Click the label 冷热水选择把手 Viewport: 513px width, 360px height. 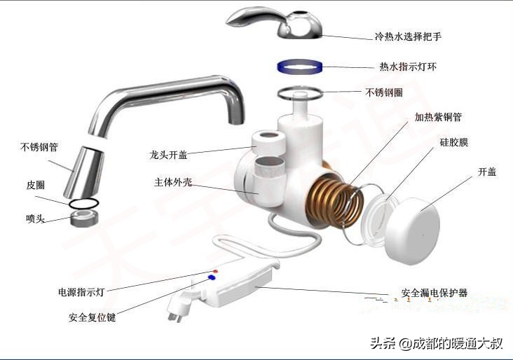tap(408, 36)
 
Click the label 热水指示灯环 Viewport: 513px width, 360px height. tap(412, 67)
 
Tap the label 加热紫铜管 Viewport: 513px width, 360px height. tap(438, 117)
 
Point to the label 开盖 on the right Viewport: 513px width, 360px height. tap(487, 172)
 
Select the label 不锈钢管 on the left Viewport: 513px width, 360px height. tap(39, 147)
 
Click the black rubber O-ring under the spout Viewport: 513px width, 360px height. tap(83, 203)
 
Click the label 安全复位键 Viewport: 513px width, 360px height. tap(92, 317)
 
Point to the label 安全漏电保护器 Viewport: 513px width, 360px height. tap(434, 293)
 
